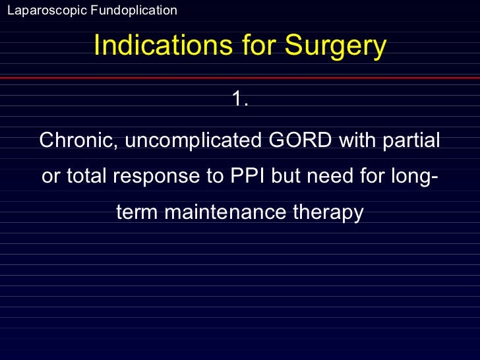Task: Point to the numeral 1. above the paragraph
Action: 240,100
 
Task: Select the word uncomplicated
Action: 191,141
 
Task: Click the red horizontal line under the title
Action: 240,77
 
